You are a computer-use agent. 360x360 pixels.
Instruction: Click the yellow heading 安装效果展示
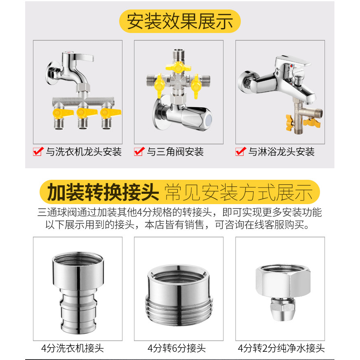180,21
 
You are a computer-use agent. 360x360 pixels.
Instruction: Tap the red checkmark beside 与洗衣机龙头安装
38,151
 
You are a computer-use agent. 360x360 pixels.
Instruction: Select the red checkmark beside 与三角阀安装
139,151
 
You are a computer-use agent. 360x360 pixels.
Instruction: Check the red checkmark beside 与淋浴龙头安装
240,151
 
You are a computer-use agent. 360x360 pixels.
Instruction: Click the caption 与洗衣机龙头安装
84,152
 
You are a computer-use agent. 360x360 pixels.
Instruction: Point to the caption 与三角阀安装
175,152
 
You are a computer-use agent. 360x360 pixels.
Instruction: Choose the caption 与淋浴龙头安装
281,152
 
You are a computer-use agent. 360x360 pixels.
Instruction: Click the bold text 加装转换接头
103,192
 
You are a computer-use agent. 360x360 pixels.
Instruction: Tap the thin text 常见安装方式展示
238,192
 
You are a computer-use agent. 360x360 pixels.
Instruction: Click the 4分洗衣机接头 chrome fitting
78,292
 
